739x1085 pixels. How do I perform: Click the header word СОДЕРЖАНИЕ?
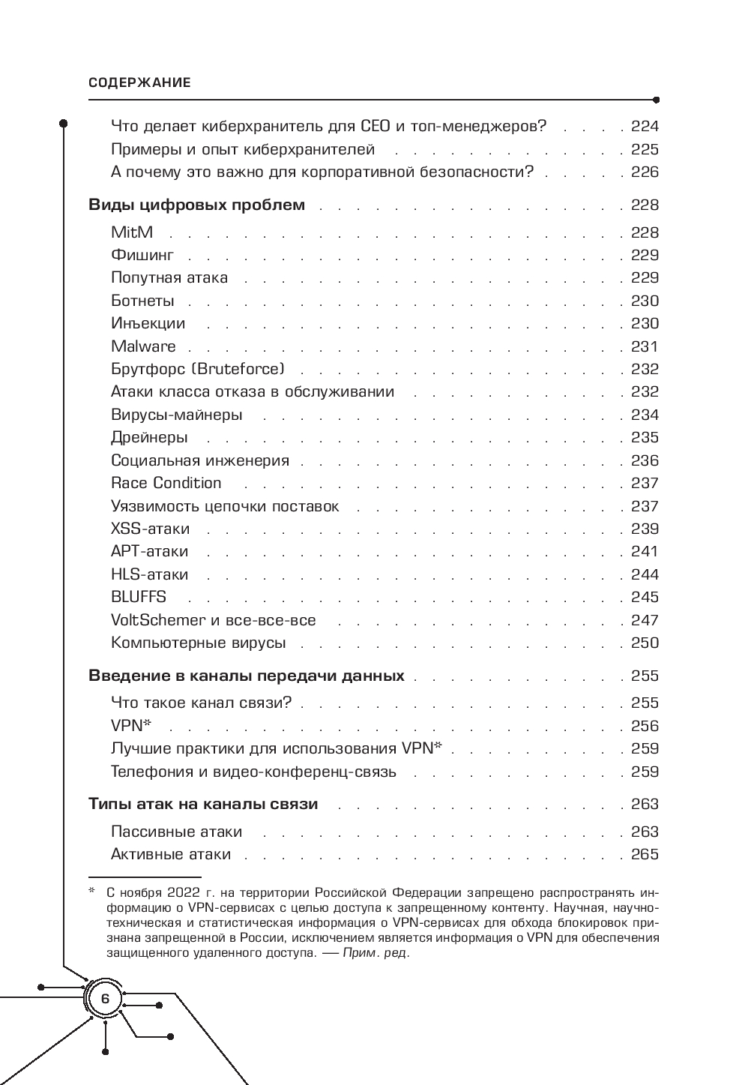[139, 83]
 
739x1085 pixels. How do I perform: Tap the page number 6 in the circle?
[104, 999]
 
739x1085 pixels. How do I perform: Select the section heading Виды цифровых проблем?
[196, 205]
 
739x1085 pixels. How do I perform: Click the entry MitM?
[132, 232]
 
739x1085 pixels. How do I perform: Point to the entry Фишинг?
[142, 255]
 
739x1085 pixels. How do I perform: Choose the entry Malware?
[143, 346]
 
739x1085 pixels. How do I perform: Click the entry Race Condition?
[166, 483]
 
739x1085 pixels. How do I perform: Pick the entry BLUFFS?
[139, 597]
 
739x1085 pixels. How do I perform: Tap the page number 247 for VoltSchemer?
[645, 620]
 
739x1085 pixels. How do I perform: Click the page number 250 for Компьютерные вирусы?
[645, 643]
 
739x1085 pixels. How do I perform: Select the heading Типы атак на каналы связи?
[203, 805]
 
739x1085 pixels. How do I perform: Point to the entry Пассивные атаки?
[177, 832]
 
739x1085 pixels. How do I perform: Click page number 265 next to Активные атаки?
[645, 854]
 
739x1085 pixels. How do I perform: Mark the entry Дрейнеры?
[149, 437]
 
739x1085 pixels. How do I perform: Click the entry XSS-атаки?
[151, 529]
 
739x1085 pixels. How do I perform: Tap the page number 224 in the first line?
[645, 126]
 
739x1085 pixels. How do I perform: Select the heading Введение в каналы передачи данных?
[247, 676]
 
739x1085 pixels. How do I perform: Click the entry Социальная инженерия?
[200, 460]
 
